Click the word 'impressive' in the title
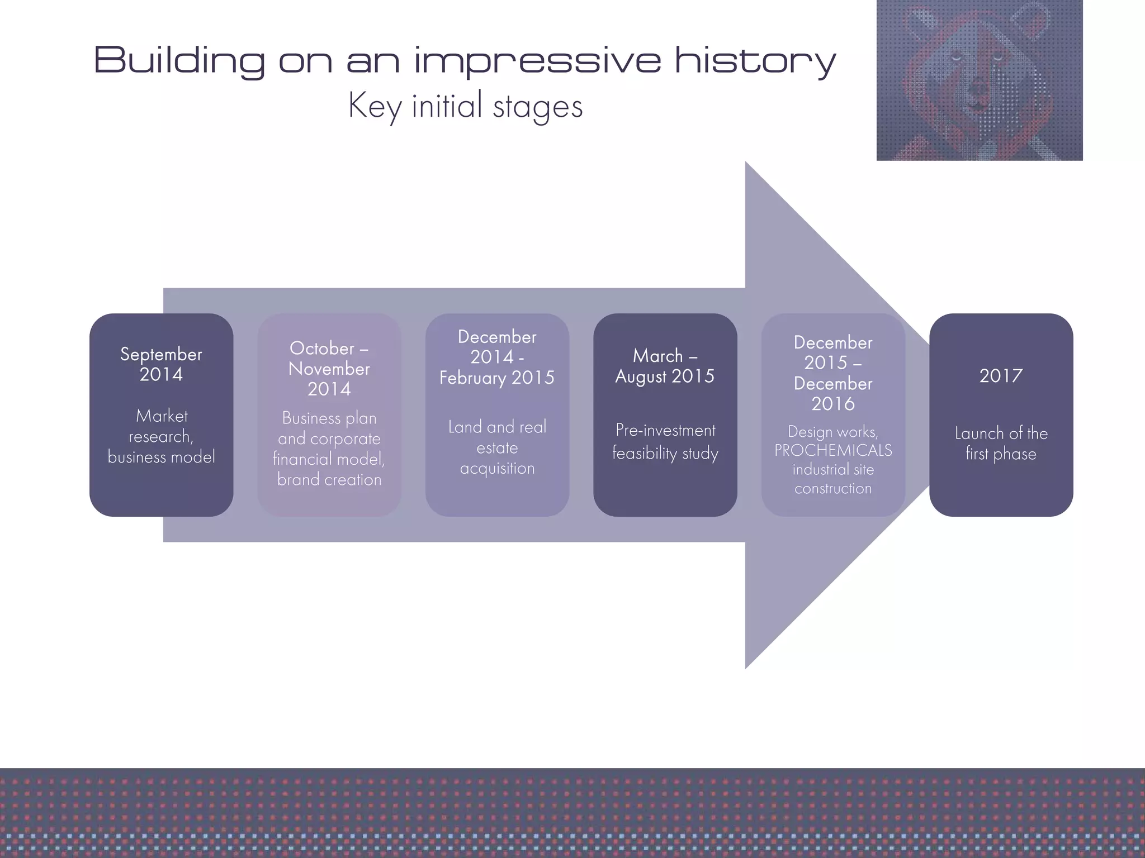(x=537, y=60)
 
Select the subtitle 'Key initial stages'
(x=465, y=106)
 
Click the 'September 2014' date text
(x=161, y=364)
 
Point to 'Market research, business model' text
(x=161, y=436)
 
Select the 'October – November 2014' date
(x=329, y=369)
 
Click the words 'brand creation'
(x=329, y=479)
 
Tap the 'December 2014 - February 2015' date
(x=496, y=357)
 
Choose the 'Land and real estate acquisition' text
(x=496, y=447)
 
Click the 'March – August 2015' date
(x=665, y=366)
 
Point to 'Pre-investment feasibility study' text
(x=665, y=441)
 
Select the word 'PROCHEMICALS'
(x=833, y=450)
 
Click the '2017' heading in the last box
(x=1001, y=376)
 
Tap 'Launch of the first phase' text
(x=1001, y=443)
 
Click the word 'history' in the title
(x=755, y=60)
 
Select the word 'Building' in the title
(x=179, y=60)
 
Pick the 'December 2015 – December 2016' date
(x=833, y=373)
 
